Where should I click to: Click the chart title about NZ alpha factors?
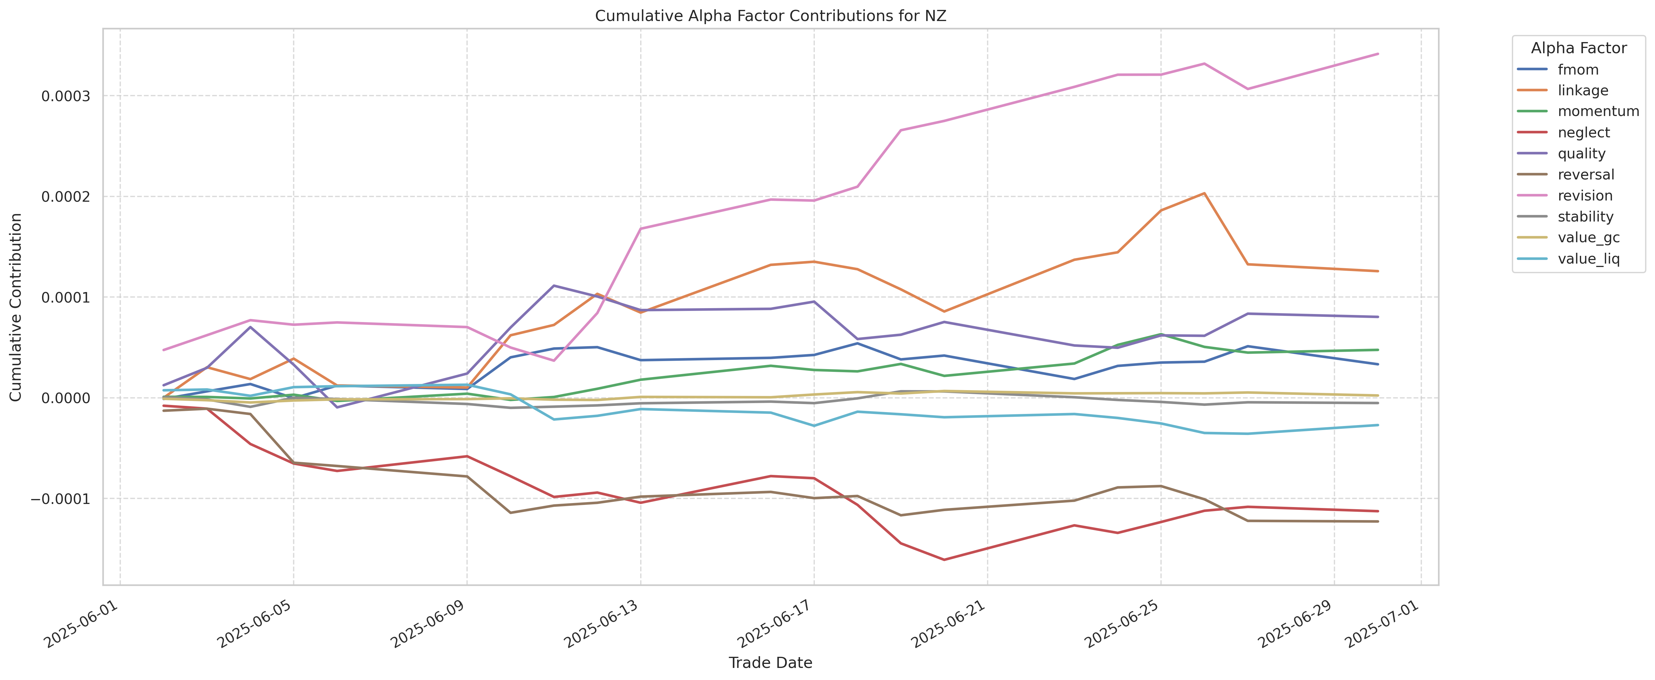770,16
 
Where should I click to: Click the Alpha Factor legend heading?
1579,48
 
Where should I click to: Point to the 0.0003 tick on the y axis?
66,97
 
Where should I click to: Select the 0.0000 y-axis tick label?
66,398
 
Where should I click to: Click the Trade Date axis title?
770,663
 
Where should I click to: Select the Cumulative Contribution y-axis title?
16,307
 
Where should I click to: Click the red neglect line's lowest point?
944,560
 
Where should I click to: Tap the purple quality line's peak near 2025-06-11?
554,285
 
